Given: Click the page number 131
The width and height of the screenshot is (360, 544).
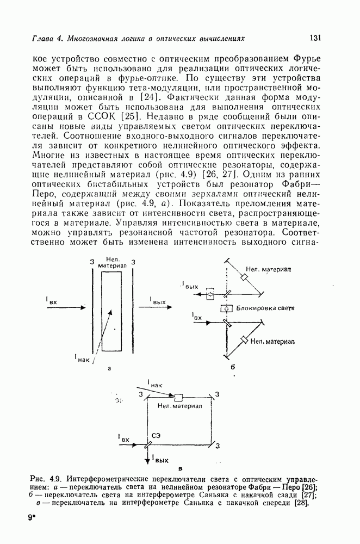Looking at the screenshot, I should (316, 38).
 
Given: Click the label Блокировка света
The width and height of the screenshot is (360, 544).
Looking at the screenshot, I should (265, 308).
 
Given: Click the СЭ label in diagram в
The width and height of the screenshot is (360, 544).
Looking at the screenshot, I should (156, 435).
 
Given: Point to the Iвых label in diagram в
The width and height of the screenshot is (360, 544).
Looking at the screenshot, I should (159, 460).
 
